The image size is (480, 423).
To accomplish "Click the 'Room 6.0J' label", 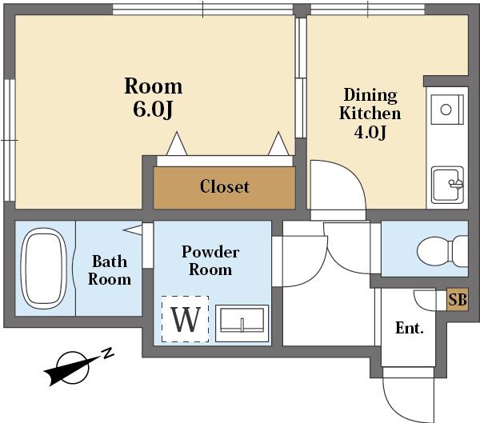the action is pos(153,98).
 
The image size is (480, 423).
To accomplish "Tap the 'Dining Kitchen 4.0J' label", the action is pos(370,114).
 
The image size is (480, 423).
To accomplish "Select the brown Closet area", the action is pos(224,188).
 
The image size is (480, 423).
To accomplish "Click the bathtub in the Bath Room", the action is pos(44,269).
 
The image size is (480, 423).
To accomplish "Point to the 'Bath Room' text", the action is pos(110,270).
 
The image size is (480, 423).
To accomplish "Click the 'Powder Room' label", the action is pos(210,261).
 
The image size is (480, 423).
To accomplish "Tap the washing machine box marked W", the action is pos(186,319).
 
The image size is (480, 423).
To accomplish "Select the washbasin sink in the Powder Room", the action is pos(242,323).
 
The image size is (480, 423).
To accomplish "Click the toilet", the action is pos(442,250).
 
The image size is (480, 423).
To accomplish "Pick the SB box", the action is pos(458,300).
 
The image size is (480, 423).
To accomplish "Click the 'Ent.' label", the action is pos(410,328).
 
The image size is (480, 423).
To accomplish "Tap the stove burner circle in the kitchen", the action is pos(446,110).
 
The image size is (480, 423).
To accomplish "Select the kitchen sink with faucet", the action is pos(447,185).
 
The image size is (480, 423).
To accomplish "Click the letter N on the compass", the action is pos(107,353).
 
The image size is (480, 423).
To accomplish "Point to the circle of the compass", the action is pos(73,367).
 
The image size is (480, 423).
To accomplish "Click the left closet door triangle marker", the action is pos(177,144).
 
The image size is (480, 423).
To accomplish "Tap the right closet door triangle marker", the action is pos(278,144).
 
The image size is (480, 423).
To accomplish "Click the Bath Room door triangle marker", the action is pos(133,229).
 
